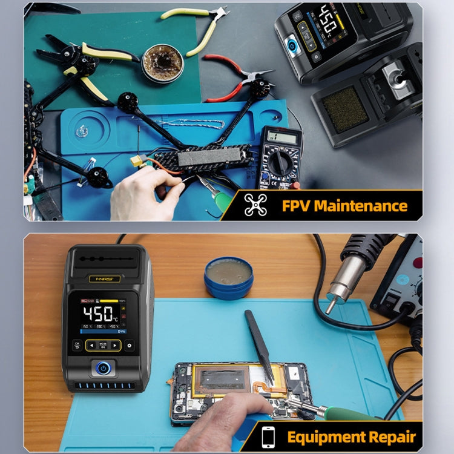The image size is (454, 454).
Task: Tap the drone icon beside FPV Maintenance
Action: point(255,205)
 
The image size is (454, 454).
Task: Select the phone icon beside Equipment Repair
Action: point(268,436)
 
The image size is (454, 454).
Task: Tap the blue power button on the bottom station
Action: point(104,367)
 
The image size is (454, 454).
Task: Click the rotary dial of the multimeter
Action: point(280,163)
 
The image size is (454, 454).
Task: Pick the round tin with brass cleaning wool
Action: point(162,62)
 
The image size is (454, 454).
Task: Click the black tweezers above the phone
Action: point(258,345)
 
